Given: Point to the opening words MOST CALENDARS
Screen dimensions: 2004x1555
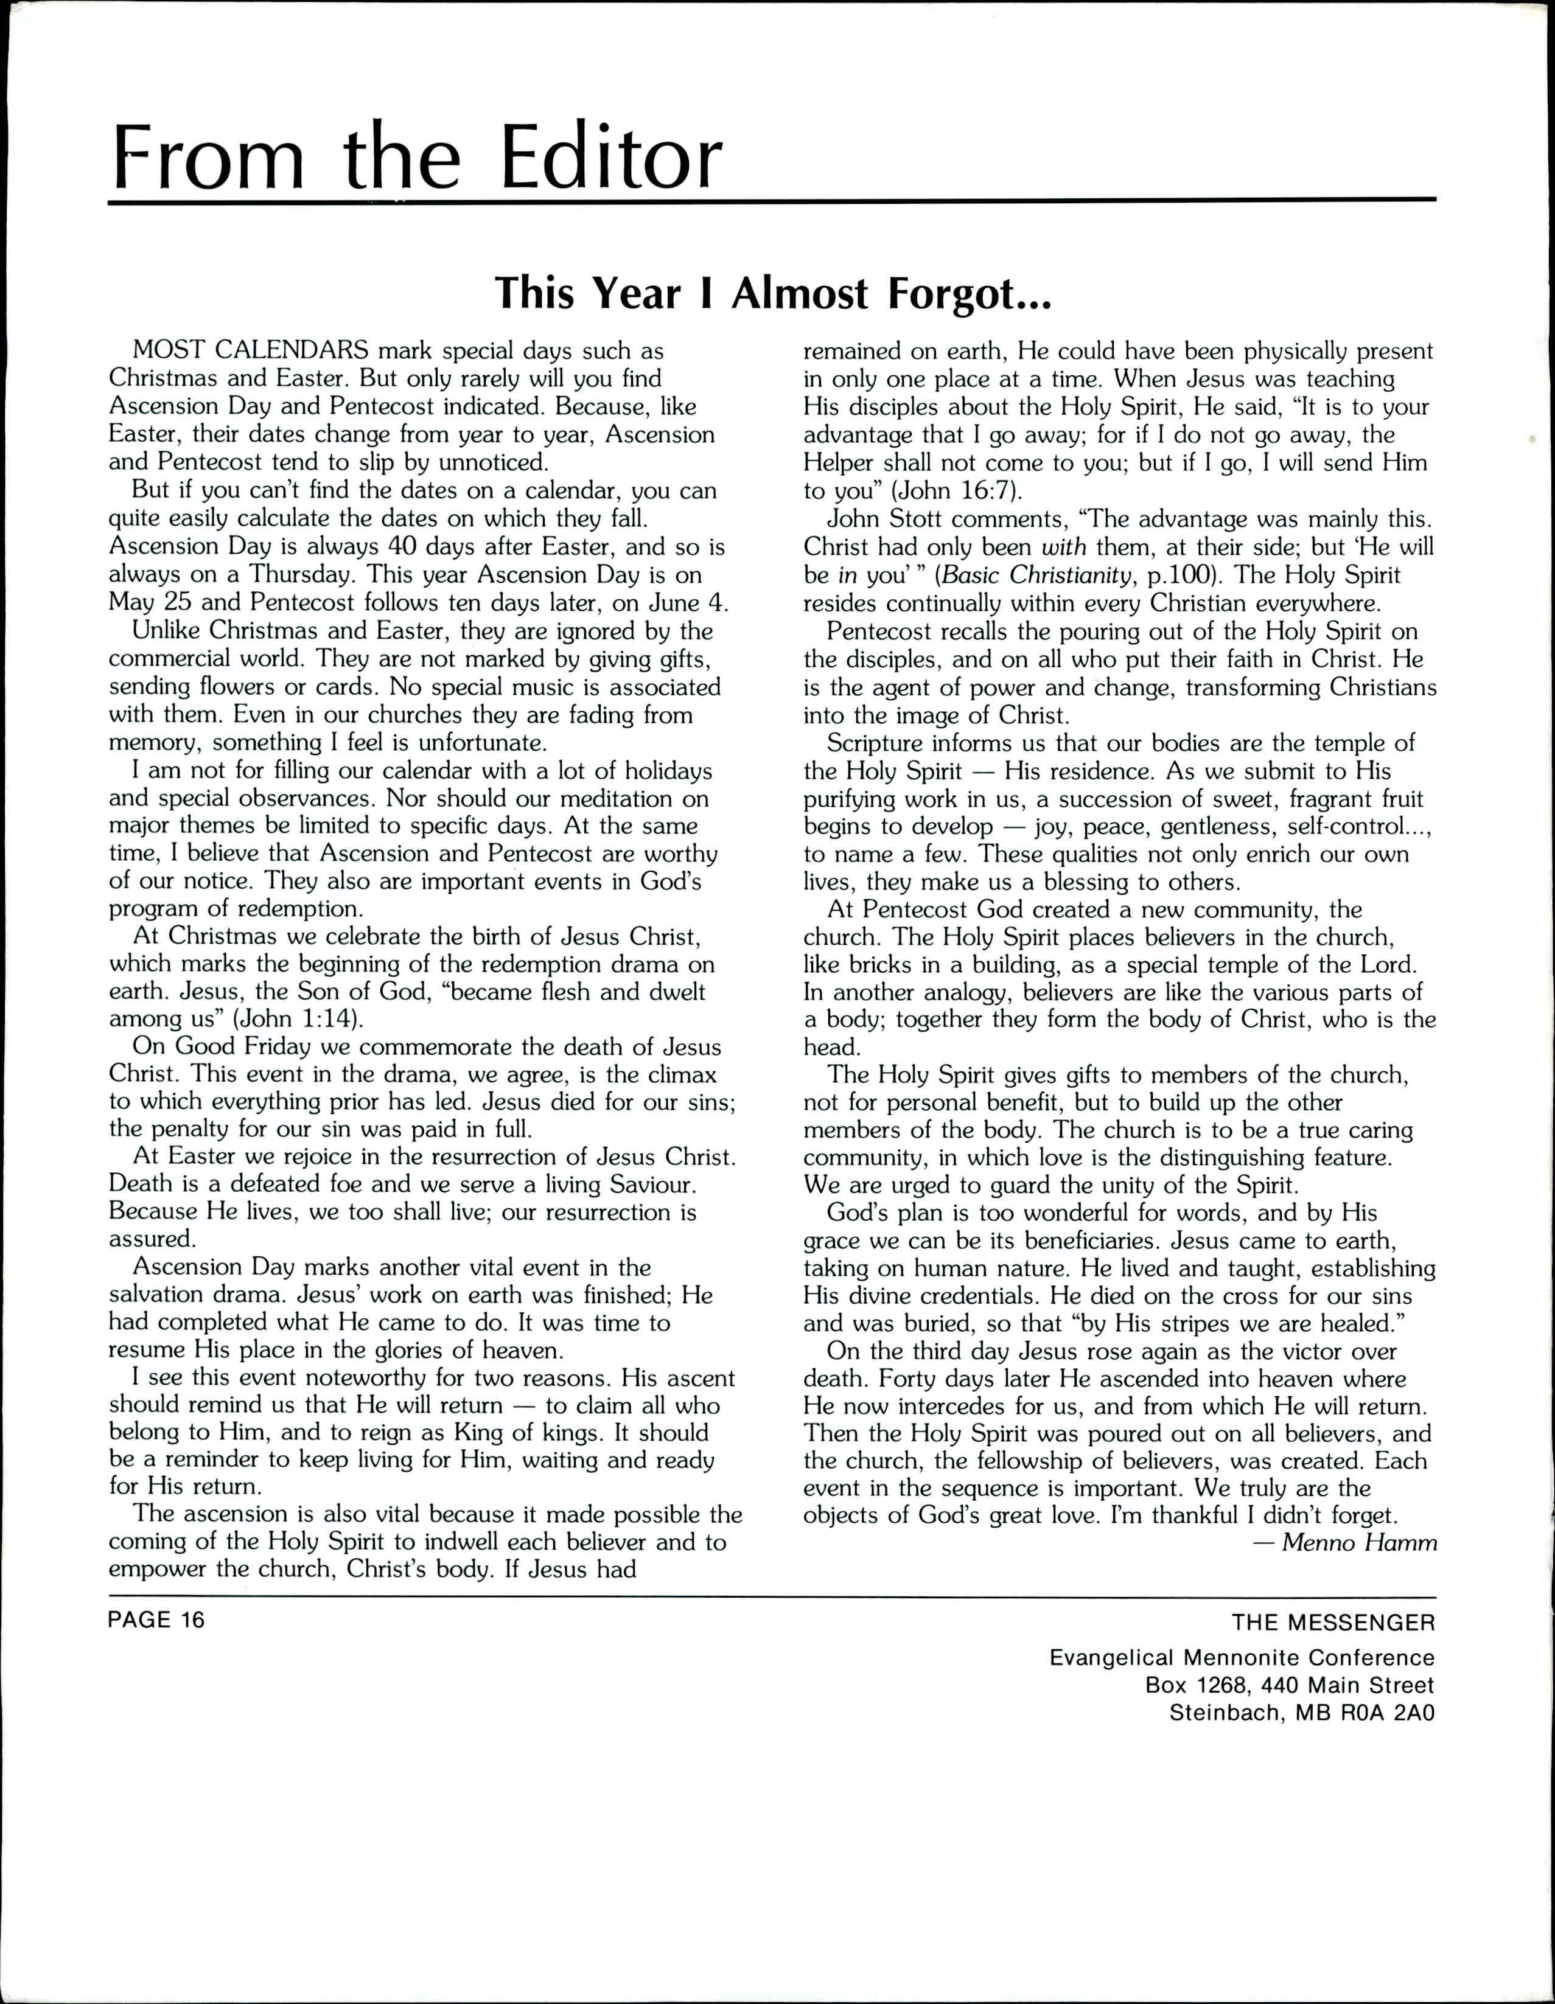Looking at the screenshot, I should pos(251,350).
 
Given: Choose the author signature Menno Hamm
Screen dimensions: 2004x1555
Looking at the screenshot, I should pos(1358,1542).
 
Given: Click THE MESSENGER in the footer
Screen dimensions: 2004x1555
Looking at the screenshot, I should pos(1333,1623).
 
